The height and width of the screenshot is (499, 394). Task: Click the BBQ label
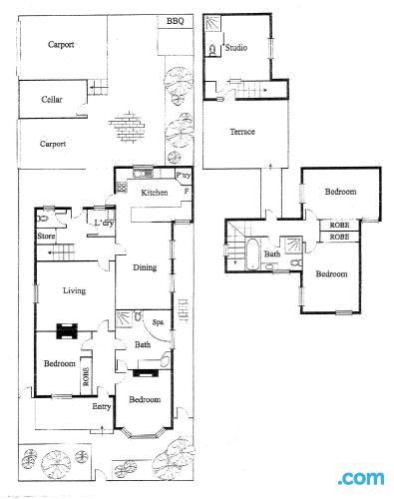pos(175,21)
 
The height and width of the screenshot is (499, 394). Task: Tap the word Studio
pos(236,47)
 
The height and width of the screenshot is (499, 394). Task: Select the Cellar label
pos(52,100)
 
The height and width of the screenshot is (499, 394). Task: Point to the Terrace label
pos(242,132)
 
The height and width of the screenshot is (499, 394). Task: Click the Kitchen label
pos(154,192)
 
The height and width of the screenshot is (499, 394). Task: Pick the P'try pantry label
pos(183,176)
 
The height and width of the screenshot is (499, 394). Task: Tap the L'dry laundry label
pos(102,223)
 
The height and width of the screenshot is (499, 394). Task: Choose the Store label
pos(45,237)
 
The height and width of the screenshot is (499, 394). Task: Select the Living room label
pos(74,290)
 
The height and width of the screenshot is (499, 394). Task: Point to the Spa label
pos(158,322)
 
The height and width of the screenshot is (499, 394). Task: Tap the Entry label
pos(102,406)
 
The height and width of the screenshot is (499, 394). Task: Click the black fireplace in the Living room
pos(67,331)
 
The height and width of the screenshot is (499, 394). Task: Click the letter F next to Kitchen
pos(185,190)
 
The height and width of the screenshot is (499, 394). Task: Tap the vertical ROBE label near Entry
pos(87,376)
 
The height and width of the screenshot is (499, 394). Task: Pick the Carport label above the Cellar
pos(61,44)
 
